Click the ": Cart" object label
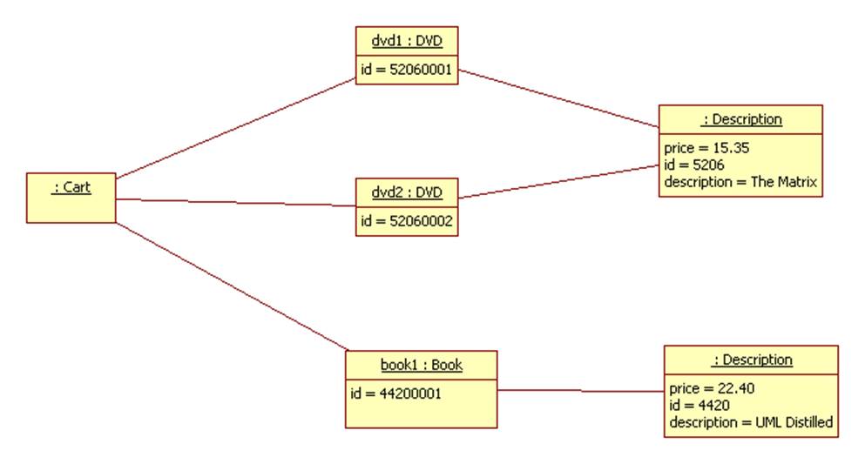tap(71, 186)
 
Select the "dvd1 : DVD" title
tap(407, 40)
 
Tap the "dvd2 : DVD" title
tap(407, 192)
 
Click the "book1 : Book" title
tap(422, 365)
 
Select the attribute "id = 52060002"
tap(407, 221)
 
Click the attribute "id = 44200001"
tap(396, 393)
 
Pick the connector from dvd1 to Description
tap(558, 98)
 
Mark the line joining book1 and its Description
tap(580, 391)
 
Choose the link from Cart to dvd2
tap(235, 203)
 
